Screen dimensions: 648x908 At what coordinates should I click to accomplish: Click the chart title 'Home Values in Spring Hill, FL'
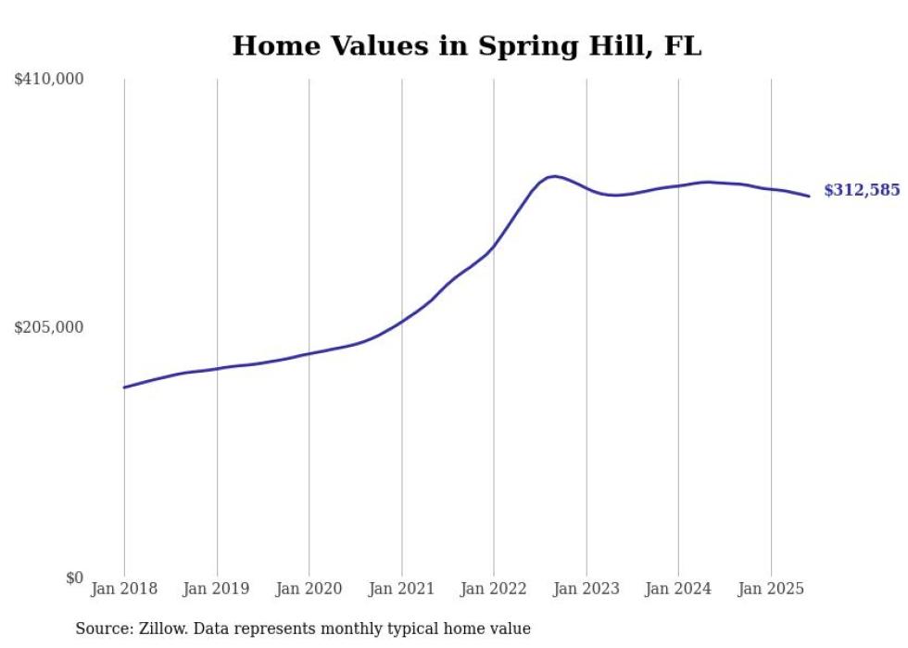click(x=466, y=45)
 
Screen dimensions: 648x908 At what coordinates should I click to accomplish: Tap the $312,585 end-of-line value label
click(x=862, y=190)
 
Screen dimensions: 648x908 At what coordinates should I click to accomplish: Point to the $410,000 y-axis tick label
click(x=49, y=80)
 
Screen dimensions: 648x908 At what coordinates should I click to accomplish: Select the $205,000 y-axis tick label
click(x=49, y=327)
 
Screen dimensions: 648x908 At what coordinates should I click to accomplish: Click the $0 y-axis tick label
click(x=74, y=578)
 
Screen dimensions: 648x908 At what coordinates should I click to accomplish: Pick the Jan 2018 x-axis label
click(x=124, y=589)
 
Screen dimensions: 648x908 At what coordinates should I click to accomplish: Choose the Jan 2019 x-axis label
click(x=217, y=589)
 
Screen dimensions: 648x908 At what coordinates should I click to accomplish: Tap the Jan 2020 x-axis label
click(x=309, y=589)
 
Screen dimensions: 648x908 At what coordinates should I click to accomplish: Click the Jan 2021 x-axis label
click(x=401, y=589)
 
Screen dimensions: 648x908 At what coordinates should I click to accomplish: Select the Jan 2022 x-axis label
click(x=494, y=589)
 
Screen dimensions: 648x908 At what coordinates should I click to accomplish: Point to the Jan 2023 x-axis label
click(x=586, y=589)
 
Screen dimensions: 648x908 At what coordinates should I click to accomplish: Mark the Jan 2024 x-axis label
click(x=678, y=589)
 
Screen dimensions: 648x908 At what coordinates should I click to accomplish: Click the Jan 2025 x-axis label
click(x=771, y=589)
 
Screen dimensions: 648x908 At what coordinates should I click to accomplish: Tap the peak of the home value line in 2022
click(x=553, y=176)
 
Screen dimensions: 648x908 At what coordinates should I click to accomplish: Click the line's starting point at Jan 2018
click(x=124, y=388)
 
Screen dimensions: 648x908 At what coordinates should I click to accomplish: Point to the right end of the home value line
click(x=809, y=196)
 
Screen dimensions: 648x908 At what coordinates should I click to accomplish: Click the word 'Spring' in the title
click(x=519, y=45)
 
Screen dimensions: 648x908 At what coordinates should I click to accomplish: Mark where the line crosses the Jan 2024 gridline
click(x=678, y=185)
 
